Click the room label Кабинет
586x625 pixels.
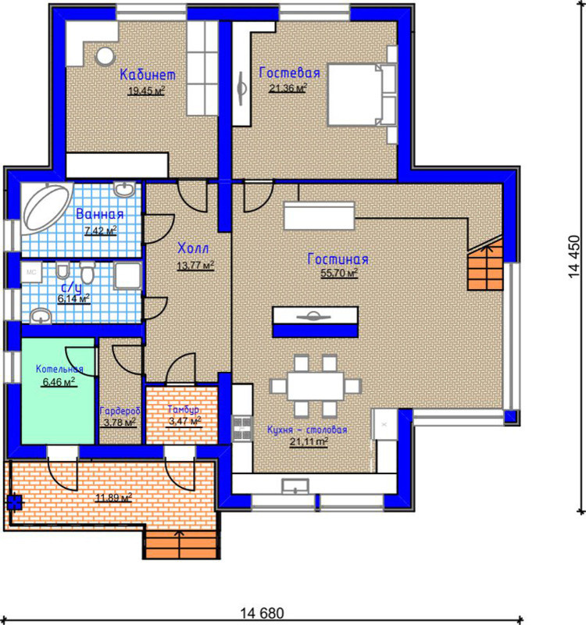148,74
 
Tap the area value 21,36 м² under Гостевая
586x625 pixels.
288,88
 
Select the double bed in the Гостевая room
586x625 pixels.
362,95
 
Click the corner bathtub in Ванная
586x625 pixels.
47,208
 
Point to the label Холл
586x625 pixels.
193,248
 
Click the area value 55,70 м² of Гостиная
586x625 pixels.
339,273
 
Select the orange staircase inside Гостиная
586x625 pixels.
485,264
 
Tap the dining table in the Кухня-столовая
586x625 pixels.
316,386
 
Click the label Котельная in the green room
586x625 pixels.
59,369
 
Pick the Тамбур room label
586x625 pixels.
183,409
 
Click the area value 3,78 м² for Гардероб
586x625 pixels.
120,422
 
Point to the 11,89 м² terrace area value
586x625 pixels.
113,498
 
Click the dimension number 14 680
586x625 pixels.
262,612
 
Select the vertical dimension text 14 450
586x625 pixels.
573,257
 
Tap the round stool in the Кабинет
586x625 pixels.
105,56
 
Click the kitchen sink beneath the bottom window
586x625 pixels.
295,486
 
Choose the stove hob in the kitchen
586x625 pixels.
242,427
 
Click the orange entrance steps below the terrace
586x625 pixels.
181,545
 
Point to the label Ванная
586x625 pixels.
100,214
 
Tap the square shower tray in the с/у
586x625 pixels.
127,275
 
